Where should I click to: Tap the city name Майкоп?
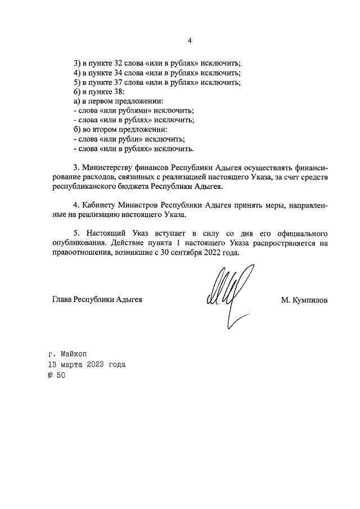coord(75,354)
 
